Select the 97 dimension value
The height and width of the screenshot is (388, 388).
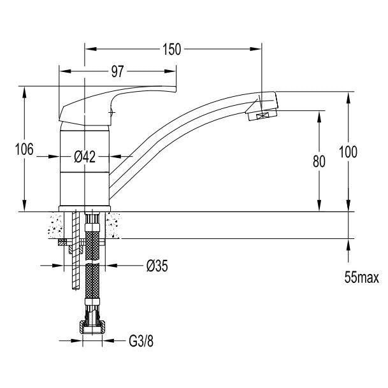coord(117,71)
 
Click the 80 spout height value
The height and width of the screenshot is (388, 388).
coord(319,161)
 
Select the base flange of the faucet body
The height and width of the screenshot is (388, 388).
coord(85,209)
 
